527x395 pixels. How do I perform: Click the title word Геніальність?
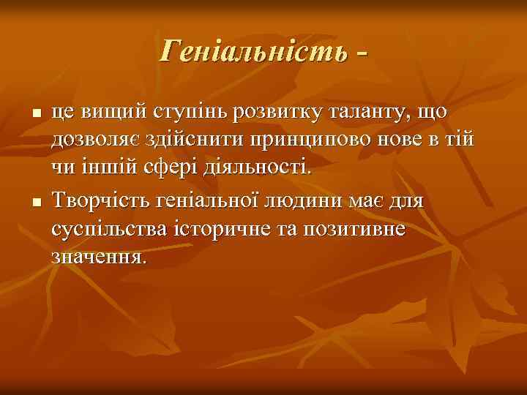click(x=253, y=50)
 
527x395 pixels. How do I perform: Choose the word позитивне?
click(x=358, y=229)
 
